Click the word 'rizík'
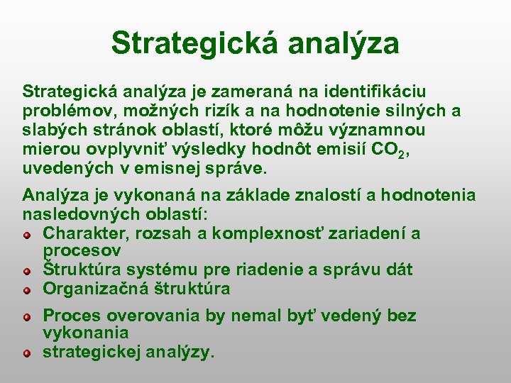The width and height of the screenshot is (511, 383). coord(219,111)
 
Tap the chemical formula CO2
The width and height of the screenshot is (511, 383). coord(387,150)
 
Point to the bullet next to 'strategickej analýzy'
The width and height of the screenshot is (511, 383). coord(26,352)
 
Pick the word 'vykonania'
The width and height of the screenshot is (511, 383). coord(85,333)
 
